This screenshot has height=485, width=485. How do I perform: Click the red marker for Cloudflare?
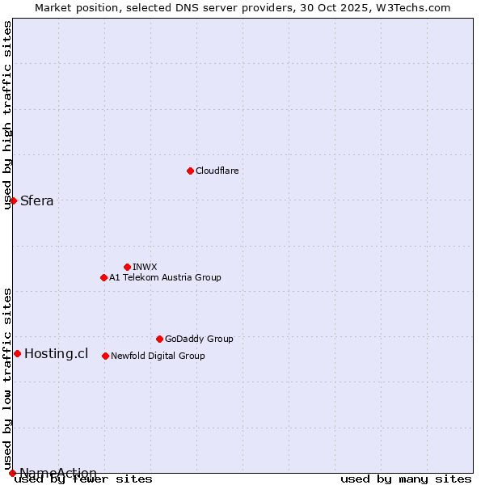pos(190,171)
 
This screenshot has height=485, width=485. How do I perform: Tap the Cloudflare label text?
pos(217,171)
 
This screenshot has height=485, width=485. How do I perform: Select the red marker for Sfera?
pos(14,200)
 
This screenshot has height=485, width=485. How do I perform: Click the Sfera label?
pos(37,201)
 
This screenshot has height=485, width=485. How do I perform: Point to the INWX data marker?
pos(127,267)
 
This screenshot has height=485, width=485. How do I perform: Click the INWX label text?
pos(145,267)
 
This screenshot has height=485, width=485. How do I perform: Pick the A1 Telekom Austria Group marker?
pos(103,277)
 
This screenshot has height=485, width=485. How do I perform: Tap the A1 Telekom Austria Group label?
pos(165,277)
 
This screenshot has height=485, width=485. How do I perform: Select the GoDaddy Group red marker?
pos(159,339)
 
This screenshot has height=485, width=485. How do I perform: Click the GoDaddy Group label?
pos(199,339)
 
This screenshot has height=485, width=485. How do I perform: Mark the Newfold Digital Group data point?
pos(105,356)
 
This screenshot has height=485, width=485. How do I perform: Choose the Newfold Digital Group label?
pos(158,356)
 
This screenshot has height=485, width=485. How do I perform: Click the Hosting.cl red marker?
pos(17,353)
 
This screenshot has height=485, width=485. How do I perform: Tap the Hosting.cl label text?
pos(56,353)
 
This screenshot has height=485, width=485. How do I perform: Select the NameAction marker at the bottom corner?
pos(12,473)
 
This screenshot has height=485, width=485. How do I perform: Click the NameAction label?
pos(58,473)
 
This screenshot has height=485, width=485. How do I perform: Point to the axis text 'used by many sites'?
pos(406,479)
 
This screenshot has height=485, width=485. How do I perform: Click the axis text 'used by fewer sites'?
pos(83,479)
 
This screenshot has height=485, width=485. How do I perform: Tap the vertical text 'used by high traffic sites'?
pos(8,115)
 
